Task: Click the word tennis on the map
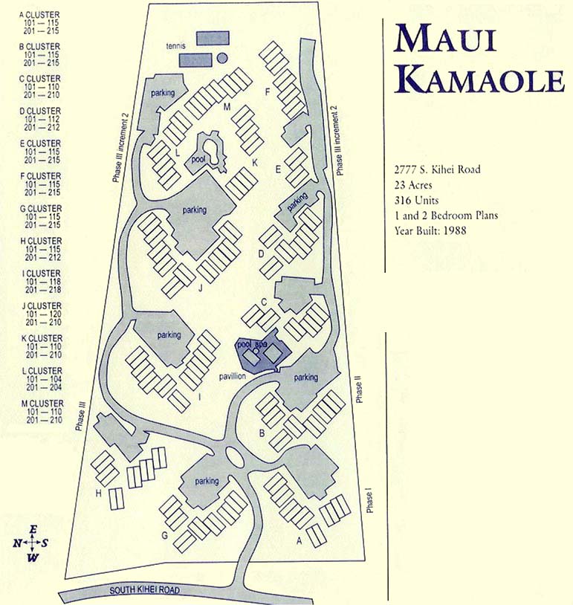(x=175, y=45)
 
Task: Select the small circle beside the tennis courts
(x=221, y=58)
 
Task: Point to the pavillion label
(x=232, y=376)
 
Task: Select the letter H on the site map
(x=97, y=491)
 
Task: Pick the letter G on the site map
(x=164, y=535)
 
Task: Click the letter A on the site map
(x=300, y=540)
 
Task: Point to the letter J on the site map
(x=200, y=289)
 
